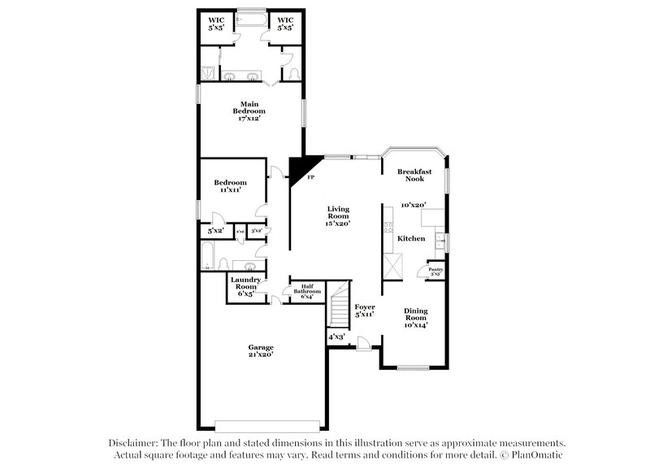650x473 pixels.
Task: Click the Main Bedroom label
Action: click(x=249, y=111)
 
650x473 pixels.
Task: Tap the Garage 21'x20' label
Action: click(x=261, y=351)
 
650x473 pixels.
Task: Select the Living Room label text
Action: click(x=337, y=215)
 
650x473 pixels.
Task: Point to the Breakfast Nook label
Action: click(x=414, y=175)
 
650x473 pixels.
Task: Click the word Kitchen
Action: click(x=411, y=238)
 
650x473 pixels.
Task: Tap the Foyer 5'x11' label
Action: click(x=364, y=310)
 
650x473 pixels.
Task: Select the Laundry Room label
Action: click(x=245, y=287)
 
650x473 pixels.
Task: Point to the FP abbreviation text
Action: click(x=310, y=176)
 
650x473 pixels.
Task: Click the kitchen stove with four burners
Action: click(x=395, y=266)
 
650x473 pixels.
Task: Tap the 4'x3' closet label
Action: click(x=336, y=336)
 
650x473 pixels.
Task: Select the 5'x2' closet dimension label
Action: click(x=214, y=232)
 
